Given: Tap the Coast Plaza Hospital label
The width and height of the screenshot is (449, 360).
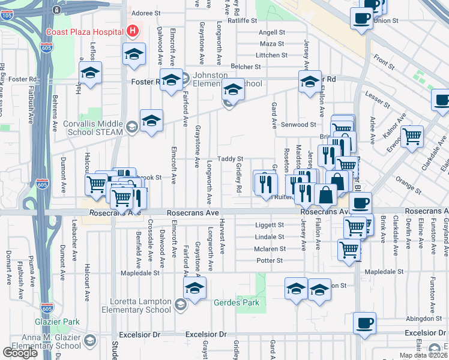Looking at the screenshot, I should point(85,31).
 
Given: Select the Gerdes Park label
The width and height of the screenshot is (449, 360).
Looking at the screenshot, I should point(237,302).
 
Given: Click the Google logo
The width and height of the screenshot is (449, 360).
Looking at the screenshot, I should point(20,353).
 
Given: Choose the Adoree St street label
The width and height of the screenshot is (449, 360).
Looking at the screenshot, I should point(147,12).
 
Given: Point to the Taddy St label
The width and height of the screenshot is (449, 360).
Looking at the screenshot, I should point(230,158).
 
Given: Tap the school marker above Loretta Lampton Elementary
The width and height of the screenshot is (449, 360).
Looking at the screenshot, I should point(194,289).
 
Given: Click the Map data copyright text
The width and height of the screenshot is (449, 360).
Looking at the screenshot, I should point(424,355).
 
